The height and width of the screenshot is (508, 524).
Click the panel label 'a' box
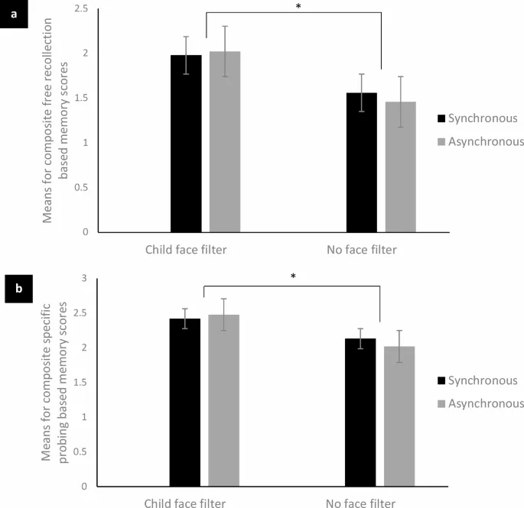click(14, 15)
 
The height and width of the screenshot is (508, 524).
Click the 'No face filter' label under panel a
click(362, 248)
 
